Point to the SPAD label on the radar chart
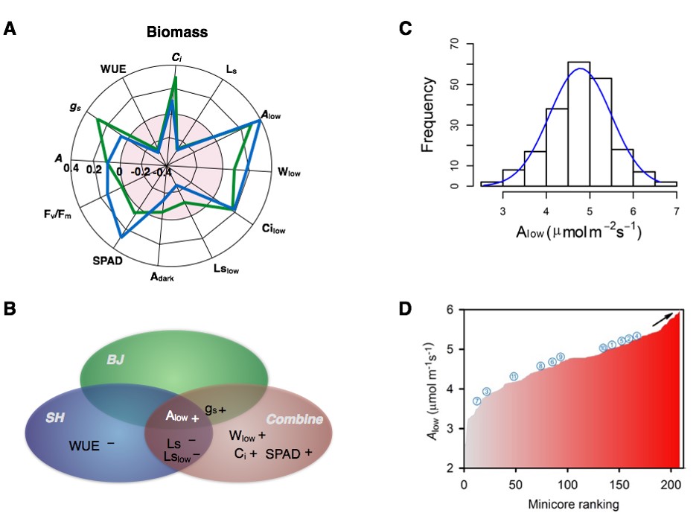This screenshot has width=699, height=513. tap(108, 261)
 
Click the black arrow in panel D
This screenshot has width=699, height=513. tap(665, 319)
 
